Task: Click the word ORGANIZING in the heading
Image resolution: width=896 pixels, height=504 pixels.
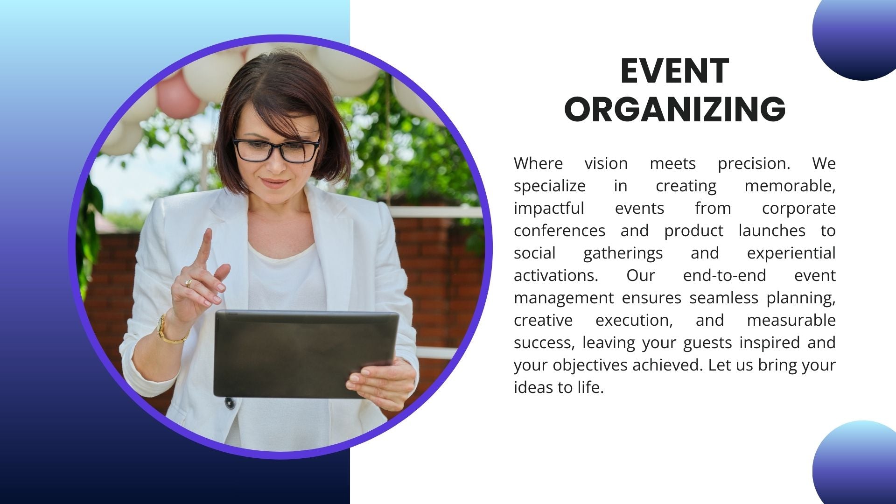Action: [675, 109]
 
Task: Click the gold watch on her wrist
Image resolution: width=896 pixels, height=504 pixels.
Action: [169, 330]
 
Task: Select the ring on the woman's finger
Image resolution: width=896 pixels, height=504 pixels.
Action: [189, 282]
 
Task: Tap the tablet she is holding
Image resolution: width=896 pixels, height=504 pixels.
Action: [306, 354]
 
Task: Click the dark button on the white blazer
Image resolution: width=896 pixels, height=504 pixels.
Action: [230, 403]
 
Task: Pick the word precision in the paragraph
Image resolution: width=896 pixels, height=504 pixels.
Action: [754, 163]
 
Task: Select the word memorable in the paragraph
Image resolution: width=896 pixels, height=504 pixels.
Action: [790, 186]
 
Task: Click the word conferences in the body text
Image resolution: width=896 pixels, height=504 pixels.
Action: [560, 231]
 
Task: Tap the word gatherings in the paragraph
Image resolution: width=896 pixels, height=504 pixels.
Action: [623, 253]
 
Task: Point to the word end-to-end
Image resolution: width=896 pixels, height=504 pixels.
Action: [724, 275]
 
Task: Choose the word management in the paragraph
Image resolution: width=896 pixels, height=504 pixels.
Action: [564, 298]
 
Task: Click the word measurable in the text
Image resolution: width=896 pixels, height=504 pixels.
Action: [791, 320]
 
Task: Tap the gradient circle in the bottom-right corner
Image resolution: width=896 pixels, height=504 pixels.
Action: [859, 464]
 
